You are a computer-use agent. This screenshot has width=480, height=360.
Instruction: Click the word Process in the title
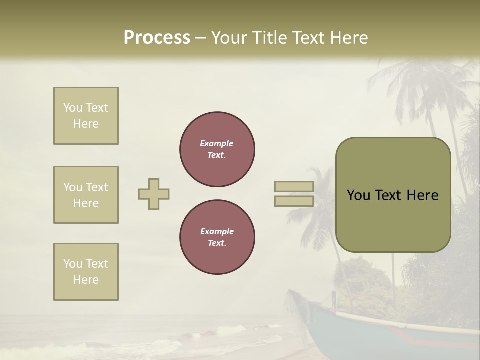157,38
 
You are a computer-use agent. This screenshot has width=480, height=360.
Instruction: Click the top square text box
86,116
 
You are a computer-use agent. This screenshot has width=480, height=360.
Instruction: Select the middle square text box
86,195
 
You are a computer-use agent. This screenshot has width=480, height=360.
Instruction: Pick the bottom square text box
86,272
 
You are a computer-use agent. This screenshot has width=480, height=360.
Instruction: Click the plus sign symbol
154,194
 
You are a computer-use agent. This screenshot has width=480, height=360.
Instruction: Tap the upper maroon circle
217,149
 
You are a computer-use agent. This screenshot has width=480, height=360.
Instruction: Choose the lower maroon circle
217,237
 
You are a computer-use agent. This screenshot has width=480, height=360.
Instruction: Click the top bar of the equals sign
294,186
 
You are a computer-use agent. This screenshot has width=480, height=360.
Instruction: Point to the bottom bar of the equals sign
294,201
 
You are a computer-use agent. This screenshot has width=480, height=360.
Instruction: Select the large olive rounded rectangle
393,195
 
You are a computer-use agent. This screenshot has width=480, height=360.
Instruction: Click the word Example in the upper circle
217,143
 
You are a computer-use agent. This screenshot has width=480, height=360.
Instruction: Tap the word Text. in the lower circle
217,243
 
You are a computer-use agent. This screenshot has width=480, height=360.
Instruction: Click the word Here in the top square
86,124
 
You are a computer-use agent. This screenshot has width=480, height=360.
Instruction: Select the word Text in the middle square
97,187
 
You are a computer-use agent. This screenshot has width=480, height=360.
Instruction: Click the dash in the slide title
200,38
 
